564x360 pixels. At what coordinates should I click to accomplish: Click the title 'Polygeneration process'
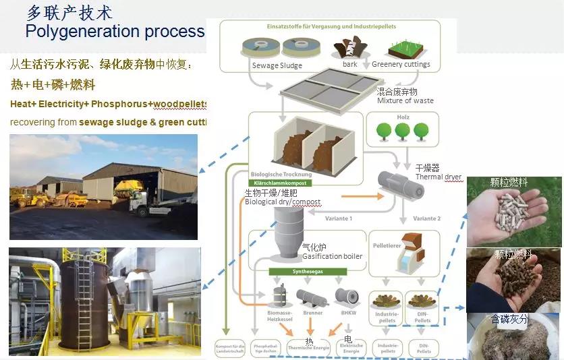115,31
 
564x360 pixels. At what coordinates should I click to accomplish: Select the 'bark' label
350,65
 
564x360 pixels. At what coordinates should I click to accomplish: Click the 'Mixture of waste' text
405,101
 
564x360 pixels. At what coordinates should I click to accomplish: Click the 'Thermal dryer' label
438,177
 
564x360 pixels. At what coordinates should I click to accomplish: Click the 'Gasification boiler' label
332,256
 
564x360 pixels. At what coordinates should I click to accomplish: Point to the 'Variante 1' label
337,218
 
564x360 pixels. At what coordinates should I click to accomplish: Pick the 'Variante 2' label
426,218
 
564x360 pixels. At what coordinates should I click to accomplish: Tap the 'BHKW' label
349,313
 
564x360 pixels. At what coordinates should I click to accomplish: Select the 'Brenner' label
312,313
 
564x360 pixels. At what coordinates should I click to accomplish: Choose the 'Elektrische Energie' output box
350,348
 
